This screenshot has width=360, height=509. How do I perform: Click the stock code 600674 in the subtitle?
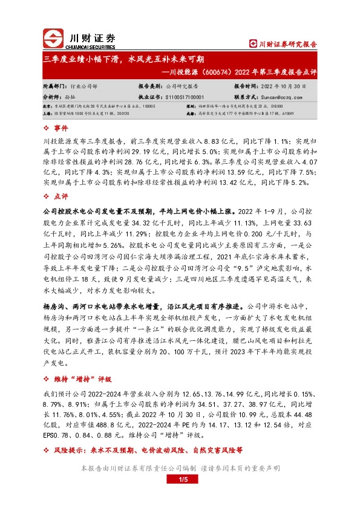click(x=212, y=71)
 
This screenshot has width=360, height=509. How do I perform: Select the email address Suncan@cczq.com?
click(x=280, y=96)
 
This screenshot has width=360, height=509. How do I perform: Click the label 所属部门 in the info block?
click(x=54, y=86)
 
